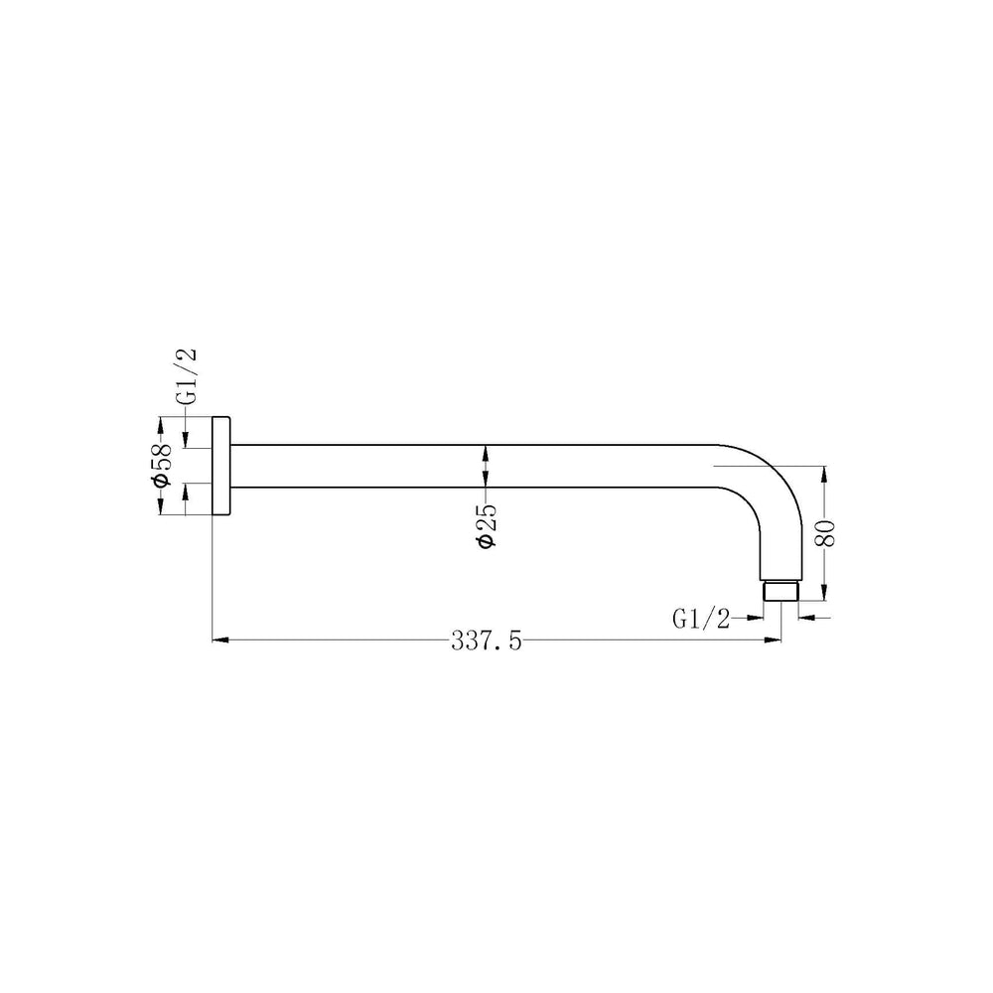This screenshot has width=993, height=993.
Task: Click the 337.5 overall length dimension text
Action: pyautogui.click(x=487, y=641)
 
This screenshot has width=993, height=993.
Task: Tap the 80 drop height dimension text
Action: pyautogui.click(x=826, y=532)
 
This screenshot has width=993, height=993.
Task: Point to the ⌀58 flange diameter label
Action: pyautogui.click(x=161, y=466)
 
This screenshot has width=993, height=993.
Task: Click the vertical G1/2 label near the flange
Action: pyautogui.click(x=187, y=376)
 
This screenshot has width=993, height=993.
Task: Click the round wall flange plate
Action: pyautogui.click(x=220, y=466)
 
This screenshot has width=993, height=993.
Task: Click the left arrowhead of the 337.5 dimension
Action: pyautogui.click(x=219, y=640)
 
